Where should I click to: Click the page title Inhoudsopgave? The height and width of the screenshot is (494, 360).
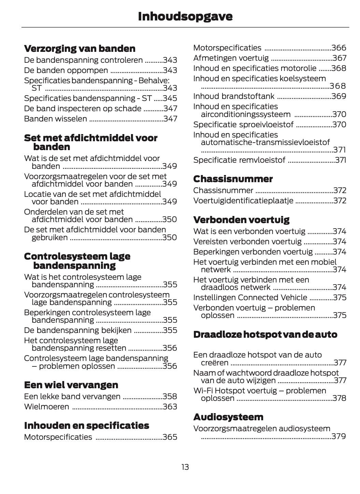coord(185,16)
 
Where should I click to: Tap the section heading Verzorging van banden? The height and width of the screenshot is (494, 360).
coord(80,48)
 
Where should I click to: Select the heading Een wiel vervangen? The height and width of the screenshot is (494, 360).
coord(71,385)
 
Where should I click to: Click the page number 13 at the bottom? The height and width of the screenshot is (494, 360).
coord(185,467)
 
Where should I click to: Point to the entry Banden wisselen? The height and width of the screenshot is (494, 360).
coord(55,119)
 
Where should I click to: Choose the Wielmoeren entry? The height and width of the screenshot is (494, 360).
coord(46,407)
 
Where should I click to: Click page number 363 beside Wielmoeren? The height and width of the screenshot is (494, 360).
coord(170,407)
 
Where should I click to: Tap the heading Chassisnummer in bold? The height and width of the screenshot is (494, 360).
coord(233,179)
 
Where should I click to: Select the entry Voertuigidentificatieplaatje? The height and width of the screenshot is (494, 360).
coord(243,201)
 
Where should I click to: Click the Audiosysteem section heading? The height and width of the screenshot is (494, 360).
coord(228,417)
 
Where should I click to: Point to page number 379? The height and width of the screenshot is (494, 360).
coord(339,436)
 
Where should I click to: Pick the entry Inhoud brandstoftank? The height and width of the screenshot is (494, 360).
coord(234,96)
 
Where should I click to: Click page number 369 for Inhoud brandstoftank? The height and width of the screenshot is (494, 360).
coord(339,96)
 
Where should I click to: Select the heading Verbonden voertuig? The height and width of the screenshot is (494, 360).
coord(241,220)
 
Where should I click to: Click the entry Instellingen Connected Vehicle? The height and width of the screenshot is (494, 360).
coord(250,297)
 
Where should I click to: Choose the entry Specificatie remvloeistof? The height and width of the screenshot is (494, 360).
coord(239,160)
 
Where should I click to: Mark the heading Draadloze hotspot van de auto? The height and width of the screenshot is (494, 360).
coord(265,334)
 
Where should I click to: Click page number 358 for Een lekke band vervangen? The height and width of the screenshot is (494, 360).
coord(170,396)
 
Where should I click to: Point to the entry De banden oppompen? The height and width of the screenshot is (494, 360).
coord(66,70)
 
